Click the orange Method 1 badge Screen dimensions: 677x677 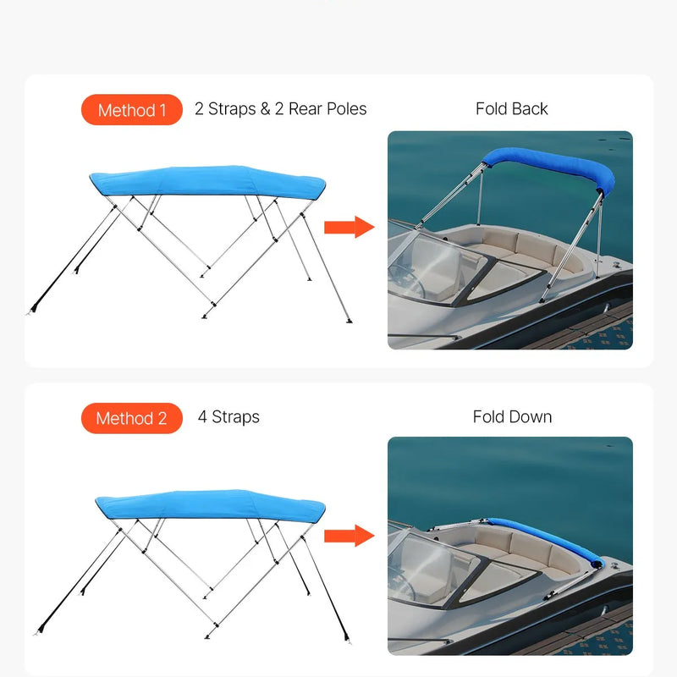[131, 110]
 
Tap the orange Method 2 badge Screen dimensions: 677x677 [131, 418]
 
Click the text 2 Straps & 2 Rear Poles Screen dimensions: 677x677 [280, 109]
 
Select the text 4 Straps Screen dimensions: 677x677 [228, 417]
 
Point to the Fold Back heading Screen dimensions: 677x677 [511, 109]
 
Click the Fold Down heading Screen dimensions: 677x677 [512, 417]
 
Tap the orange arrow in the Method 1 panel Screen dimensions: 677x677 [349, 227]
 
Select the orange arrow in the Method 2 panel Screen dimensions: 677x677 [349, 535]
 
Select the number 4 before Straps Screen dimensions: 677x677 [202, 417]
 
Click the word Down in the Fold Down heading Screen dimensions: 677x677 [531, 417]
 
